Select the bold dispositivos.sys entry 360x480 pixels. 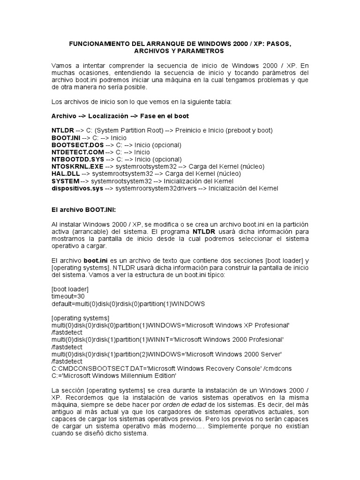[77, 188]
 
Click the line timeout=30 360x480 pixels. [68, 296]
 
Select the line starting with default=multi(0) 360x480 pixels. [128, 304]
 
